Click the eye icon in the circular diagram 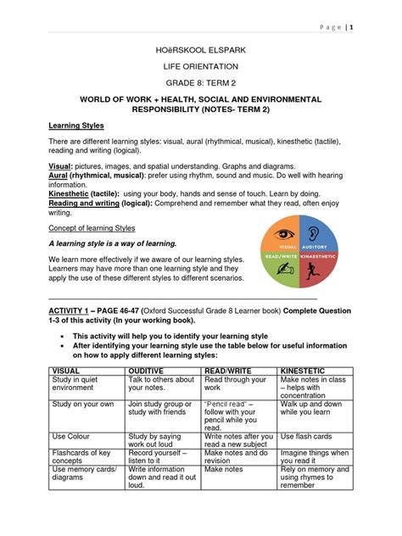pyautogui.click(x=285, y=233)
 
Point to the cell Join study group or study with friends pyautogui.click(x=159, y=410)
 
